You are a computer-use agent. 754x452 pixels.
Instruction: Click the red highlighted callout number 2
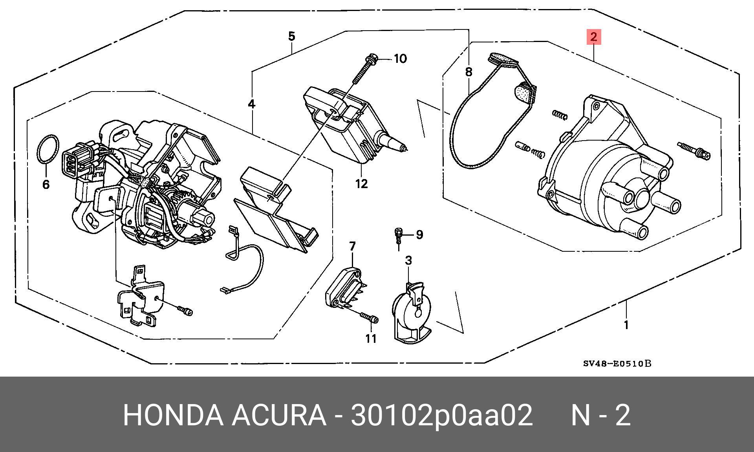[593, 37]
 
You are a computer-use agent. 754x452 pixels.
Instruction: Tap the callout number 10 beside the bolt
[400, 59]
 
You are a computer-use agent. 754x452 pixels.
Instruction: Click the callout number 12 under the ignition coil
[361, 183]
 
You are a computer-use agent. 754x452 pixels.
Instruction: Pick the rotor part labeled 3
[410, 314]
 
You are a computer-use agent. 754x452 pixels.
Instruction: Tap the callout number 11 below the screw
[371, 339]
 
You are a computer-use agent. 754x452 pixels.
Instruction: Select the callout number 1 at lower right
[626, 325]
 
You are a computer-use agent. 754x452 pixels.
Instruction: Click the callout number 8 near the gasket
[469, 72]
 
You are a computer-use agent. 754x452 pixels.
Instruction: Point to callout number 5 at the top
[291, 37]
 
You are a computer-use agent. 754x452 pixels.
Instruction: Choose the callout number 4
[251, 104]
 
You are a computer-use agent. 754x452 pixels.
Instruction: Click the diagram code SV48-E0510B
[617, 364]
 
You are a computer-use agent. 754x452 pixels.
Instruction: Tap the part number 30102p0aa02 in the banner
[441, 415]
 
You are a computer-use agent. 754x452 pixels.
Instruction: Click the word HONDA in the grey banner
[173, 415]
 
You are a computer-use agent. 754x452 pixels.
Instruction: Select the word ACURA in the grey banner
[279, 415]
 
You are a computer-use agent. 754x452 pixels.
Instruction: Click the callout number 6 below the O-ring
[46, 185]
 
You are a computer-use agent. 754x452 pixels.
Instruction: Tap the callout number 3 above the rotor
[408, 260]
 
